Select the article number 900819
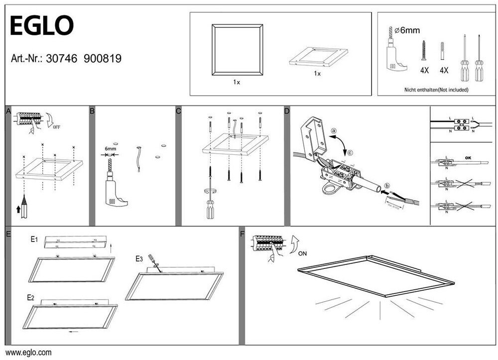103,58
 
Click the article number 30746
61,58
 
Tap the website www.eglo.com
28,353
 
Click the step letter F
243,233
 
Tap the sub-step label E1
34,240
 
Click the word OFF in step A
57,127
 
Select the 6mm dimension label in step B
110,148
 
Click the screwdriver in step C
210,205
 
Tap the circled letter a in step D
333,131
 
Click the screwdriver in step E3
153,262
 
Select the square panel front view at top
237,50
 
